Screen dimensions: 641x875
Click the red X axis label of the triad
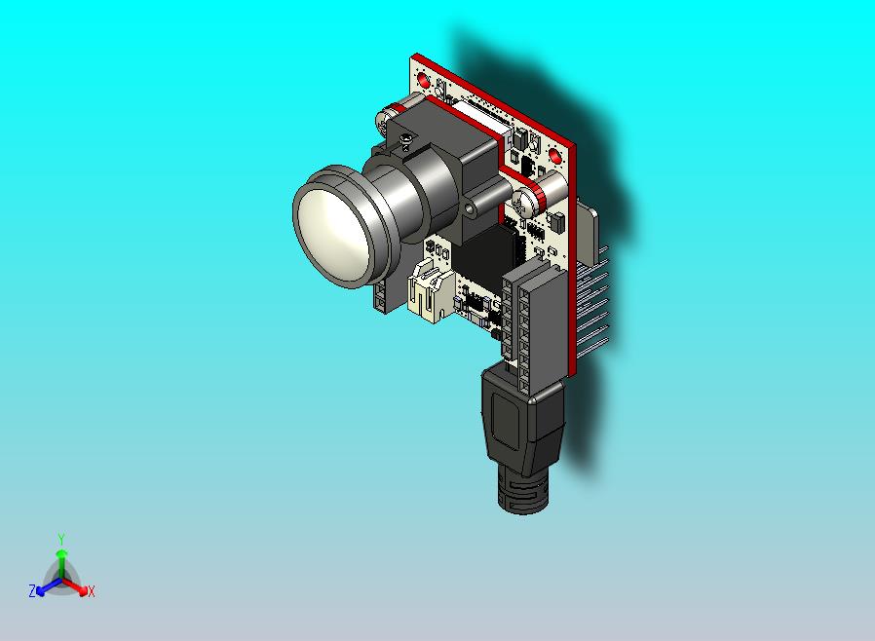[92, 591]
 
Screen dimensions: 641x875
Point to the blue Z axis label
[31, 591]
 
